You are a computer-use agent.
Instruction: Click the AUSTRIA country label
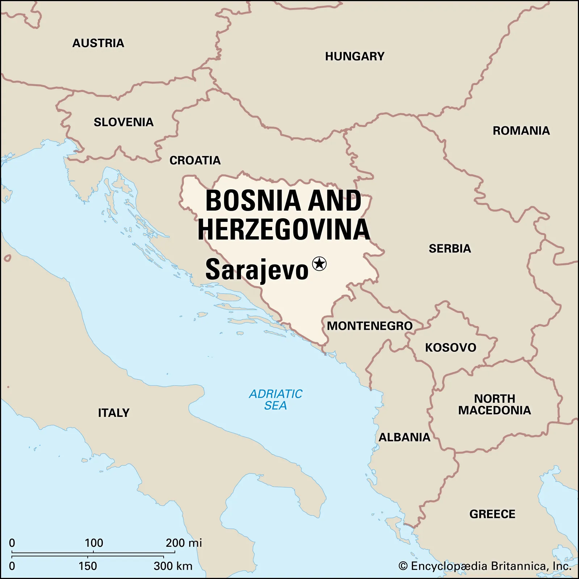coord(98,43)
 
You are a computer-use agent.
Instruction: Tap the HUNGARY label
coord(355,56)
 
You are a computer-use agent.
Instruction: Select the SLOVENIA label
coord(123,122)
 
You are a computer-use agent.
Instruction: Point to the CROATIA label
coord(195,160)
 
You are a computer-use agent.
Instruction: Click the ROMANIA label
coord(521,131)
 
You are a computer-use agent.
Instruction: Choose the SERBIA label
coord(450,249)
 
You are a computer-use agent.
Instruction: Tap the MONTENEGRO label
coord(369,326)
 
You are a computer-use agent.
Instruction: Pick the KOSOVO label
coord(451,347)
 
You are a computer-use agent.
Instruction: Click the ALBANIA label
coord(404,437)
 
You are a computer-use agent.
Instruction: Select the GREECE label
coord(492,514)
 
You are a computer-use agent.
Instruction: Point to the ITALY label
coord(114,413)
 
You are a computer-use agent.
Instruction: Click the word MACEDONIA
coord(494,410)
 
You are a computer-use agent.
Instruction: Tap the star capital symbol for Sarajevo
coord(319,263)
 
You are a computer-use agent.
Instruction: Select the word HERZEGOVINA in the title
coord(284,229)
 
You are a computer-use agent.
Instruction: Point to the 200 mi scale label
coord(183,543)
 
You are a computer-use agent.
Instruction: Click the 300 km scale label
coord(173,566)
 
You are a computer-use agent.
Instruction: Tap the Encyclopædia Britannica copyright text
coord(485,566)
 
